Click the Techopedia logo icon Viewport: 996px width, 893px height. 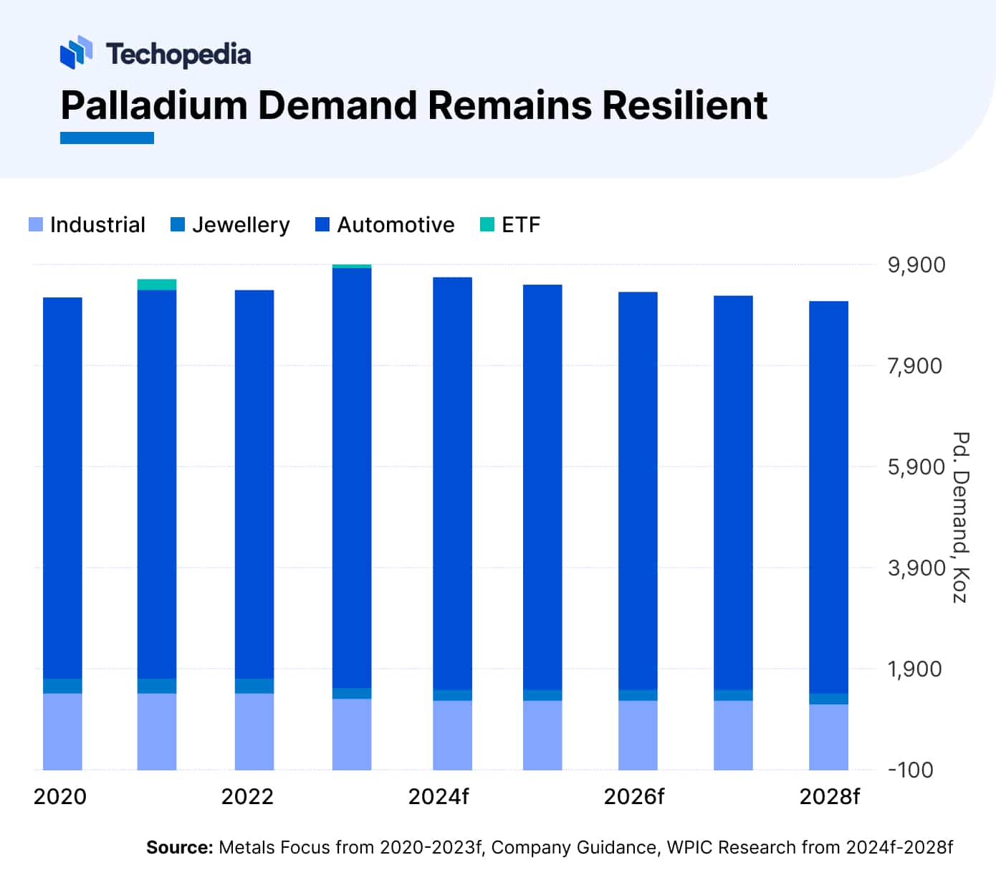click(x=76, y=52)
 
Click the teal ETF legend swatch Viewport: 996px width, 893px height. click(x=487, y=224)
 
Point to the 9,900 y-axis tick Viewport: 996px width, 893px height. click(x=916, y=265)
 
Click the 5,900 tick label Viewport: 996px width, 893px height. click(x=916, y=467)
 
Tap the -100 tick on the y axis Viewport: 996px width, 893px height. click(x=911, y=770)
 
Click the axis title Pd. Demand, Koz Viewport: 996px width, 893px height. click(x=960, y=517)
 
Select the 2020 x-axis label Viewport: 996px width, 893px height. click(x=60, y=797)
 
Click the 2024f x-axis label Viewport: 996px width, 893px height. click(x=439, y=797)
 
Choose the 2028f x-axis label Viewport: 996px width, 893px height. click(x=829, y=797)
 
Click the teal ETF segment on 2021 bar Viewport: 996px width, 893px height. click(x=157, y=285)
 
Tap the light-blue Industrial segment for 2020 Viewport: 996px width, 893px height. click(x=62, y=731)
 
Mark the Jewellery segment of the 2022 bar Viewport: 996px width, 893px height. click(x=254, y=686)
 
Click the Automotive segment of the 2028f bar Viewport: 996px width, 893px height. click(x=828, y=495)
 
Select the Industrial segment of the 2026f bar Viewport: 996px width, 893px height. click(x=638, y=735)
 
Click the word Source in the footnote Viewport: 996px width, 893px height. click(x=179, y=848)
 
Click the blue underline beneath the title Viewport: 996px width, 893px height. click(x=107, y=138)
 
